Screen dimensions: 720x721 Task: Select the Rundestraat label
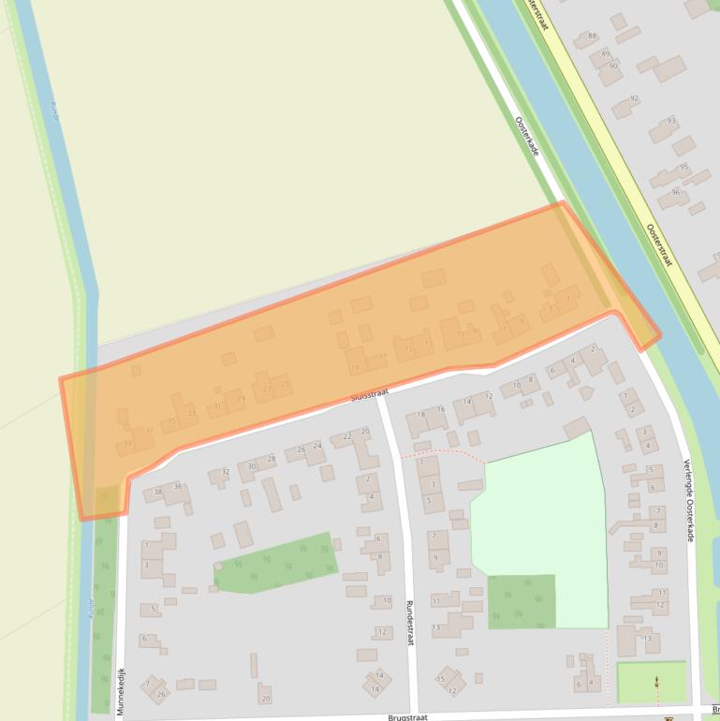click(x=409, y=622)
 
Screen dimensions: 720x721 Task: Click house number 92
click(x=634, y=98)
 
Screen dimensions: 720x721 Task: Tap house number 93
click(x=671, y=121)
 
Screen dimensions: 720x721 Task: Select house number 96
click(x=675, y=192)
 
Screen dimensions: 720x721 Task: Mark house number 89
click(x=606, y=53)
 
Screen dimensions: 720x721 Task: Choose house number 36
click(x=177, y=486)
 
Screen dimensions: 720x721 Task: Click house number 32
click(x=225, y=472)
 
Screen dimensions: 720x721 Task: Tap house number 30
click(x=252, y=465)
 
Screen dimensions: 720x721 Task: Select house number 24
click(x=317, y=447)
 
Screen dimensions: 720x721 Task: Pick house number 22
click(x=347, y=436)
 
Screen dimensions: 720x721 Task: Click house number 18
click(x=421, y=414)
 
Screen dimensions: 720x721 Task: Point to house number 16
click(x=441, y=409)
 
